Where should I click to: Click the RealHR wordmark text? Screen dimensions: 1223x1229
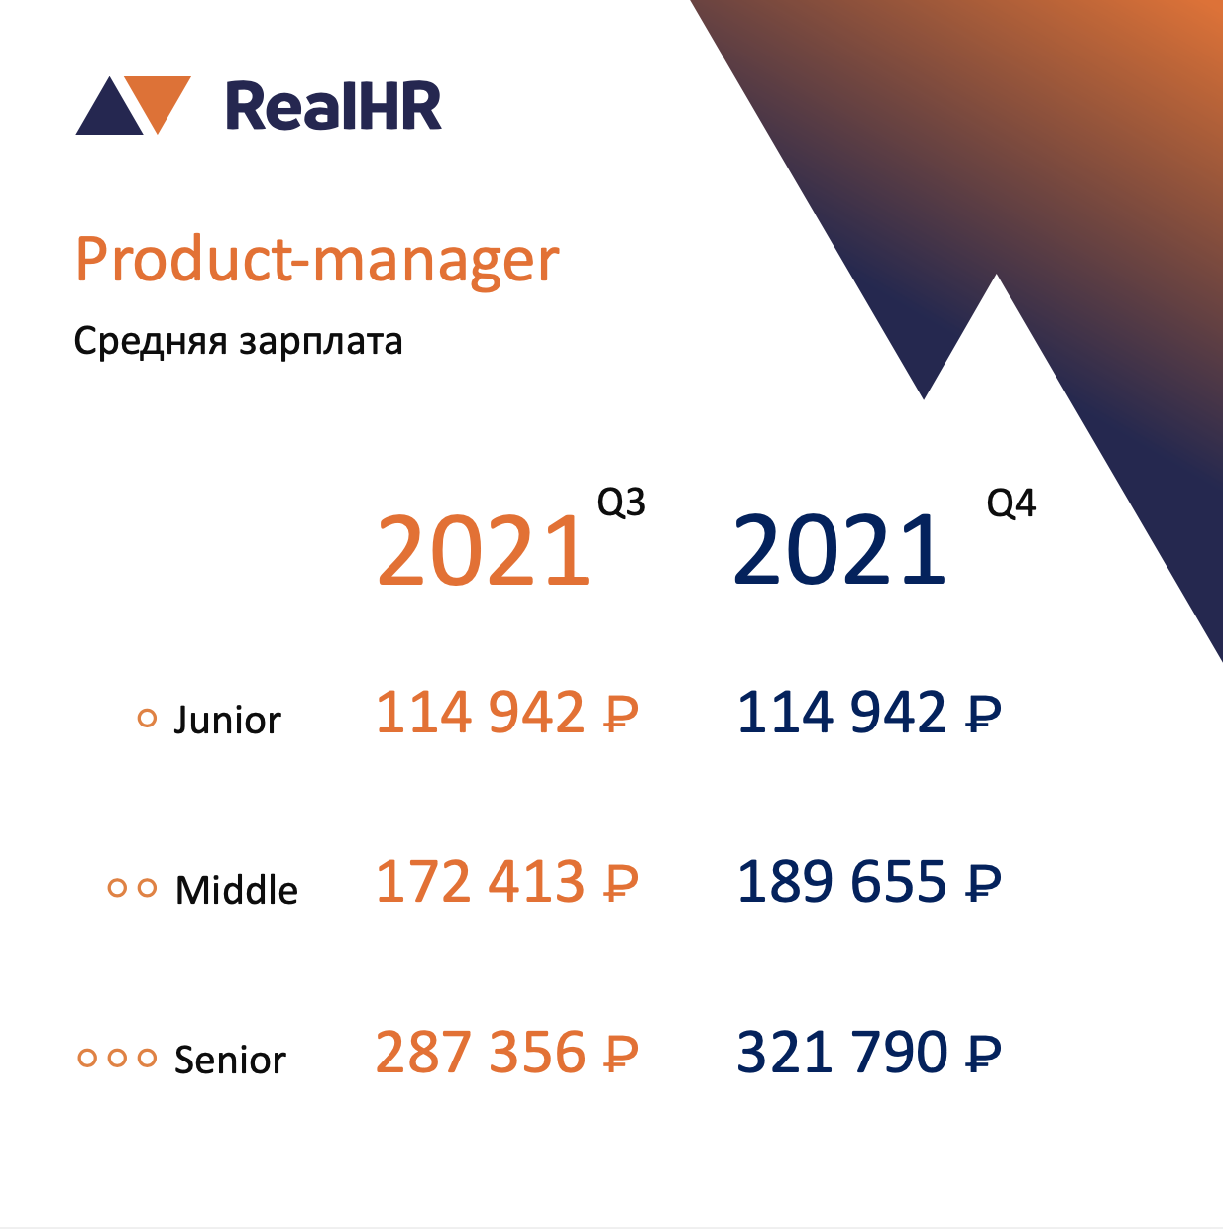point(334,106)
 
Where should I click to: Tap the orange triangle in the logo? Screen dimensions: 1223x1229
point(158,99)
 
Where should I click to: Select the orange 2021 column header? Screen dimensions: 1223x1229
point(483,550)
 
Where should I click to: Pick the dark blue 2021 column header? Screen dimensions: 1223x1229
point(838,550)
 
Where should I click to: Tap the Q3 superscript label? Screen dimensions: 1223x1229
point(620,503)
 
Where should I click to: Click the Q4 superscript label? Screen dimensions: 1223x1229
point(1011,503)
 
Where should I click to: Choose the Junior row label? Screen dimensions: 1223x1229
point(227,720)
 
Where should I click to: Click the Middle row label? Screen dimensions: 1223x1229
point(236,890)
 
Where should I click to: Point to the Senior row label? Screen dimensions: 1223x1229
point(230,1060)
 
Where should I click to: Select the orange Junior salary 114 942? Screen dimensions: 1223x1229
point(480,712)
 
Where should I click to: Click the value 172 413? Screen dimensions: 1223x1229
point(480,881)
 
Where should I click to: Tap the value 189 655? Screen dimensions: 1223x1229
point(840,881)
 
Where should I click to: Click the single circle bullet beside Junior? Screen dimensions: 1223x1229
point(148,719)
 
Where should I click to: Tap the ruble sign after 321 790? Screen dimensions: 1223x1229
point(983,1053)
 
